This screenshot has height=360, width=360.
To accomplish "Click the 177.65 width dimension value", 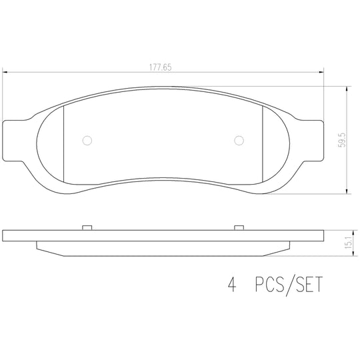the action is click(160, 67).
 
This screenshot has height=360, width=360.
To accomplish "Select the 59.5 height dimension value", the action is click(342, 140).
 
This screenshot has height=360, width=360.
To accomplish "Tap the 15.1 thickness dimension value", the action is click(349, 243).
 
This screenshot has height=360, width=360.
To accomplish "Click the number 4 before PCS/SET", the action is click(232, 284).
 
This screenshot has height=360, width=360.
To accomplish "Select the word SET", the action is click(309, 284).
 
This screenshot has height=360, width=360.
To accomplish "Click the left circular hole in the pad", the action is click(87, 141).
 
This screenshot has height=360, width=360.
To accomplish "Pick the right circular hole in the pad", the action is click(239, 141).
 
